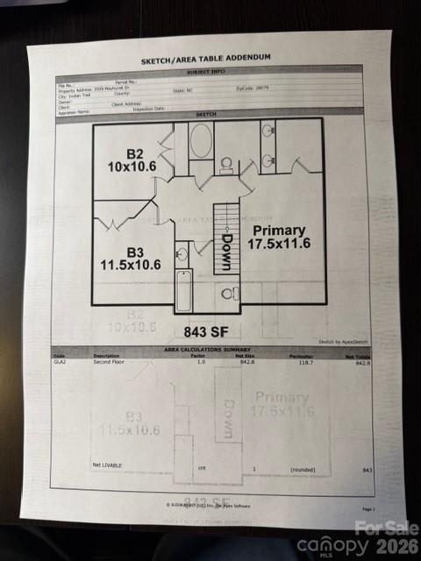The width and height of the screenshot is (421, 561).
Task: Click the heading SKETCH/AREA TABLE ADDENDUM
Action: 206,60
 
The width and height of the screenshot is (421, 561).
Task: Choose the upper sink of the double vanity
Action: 267,132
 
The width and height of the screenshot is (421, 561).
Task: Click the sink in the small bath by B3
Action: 182,255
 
